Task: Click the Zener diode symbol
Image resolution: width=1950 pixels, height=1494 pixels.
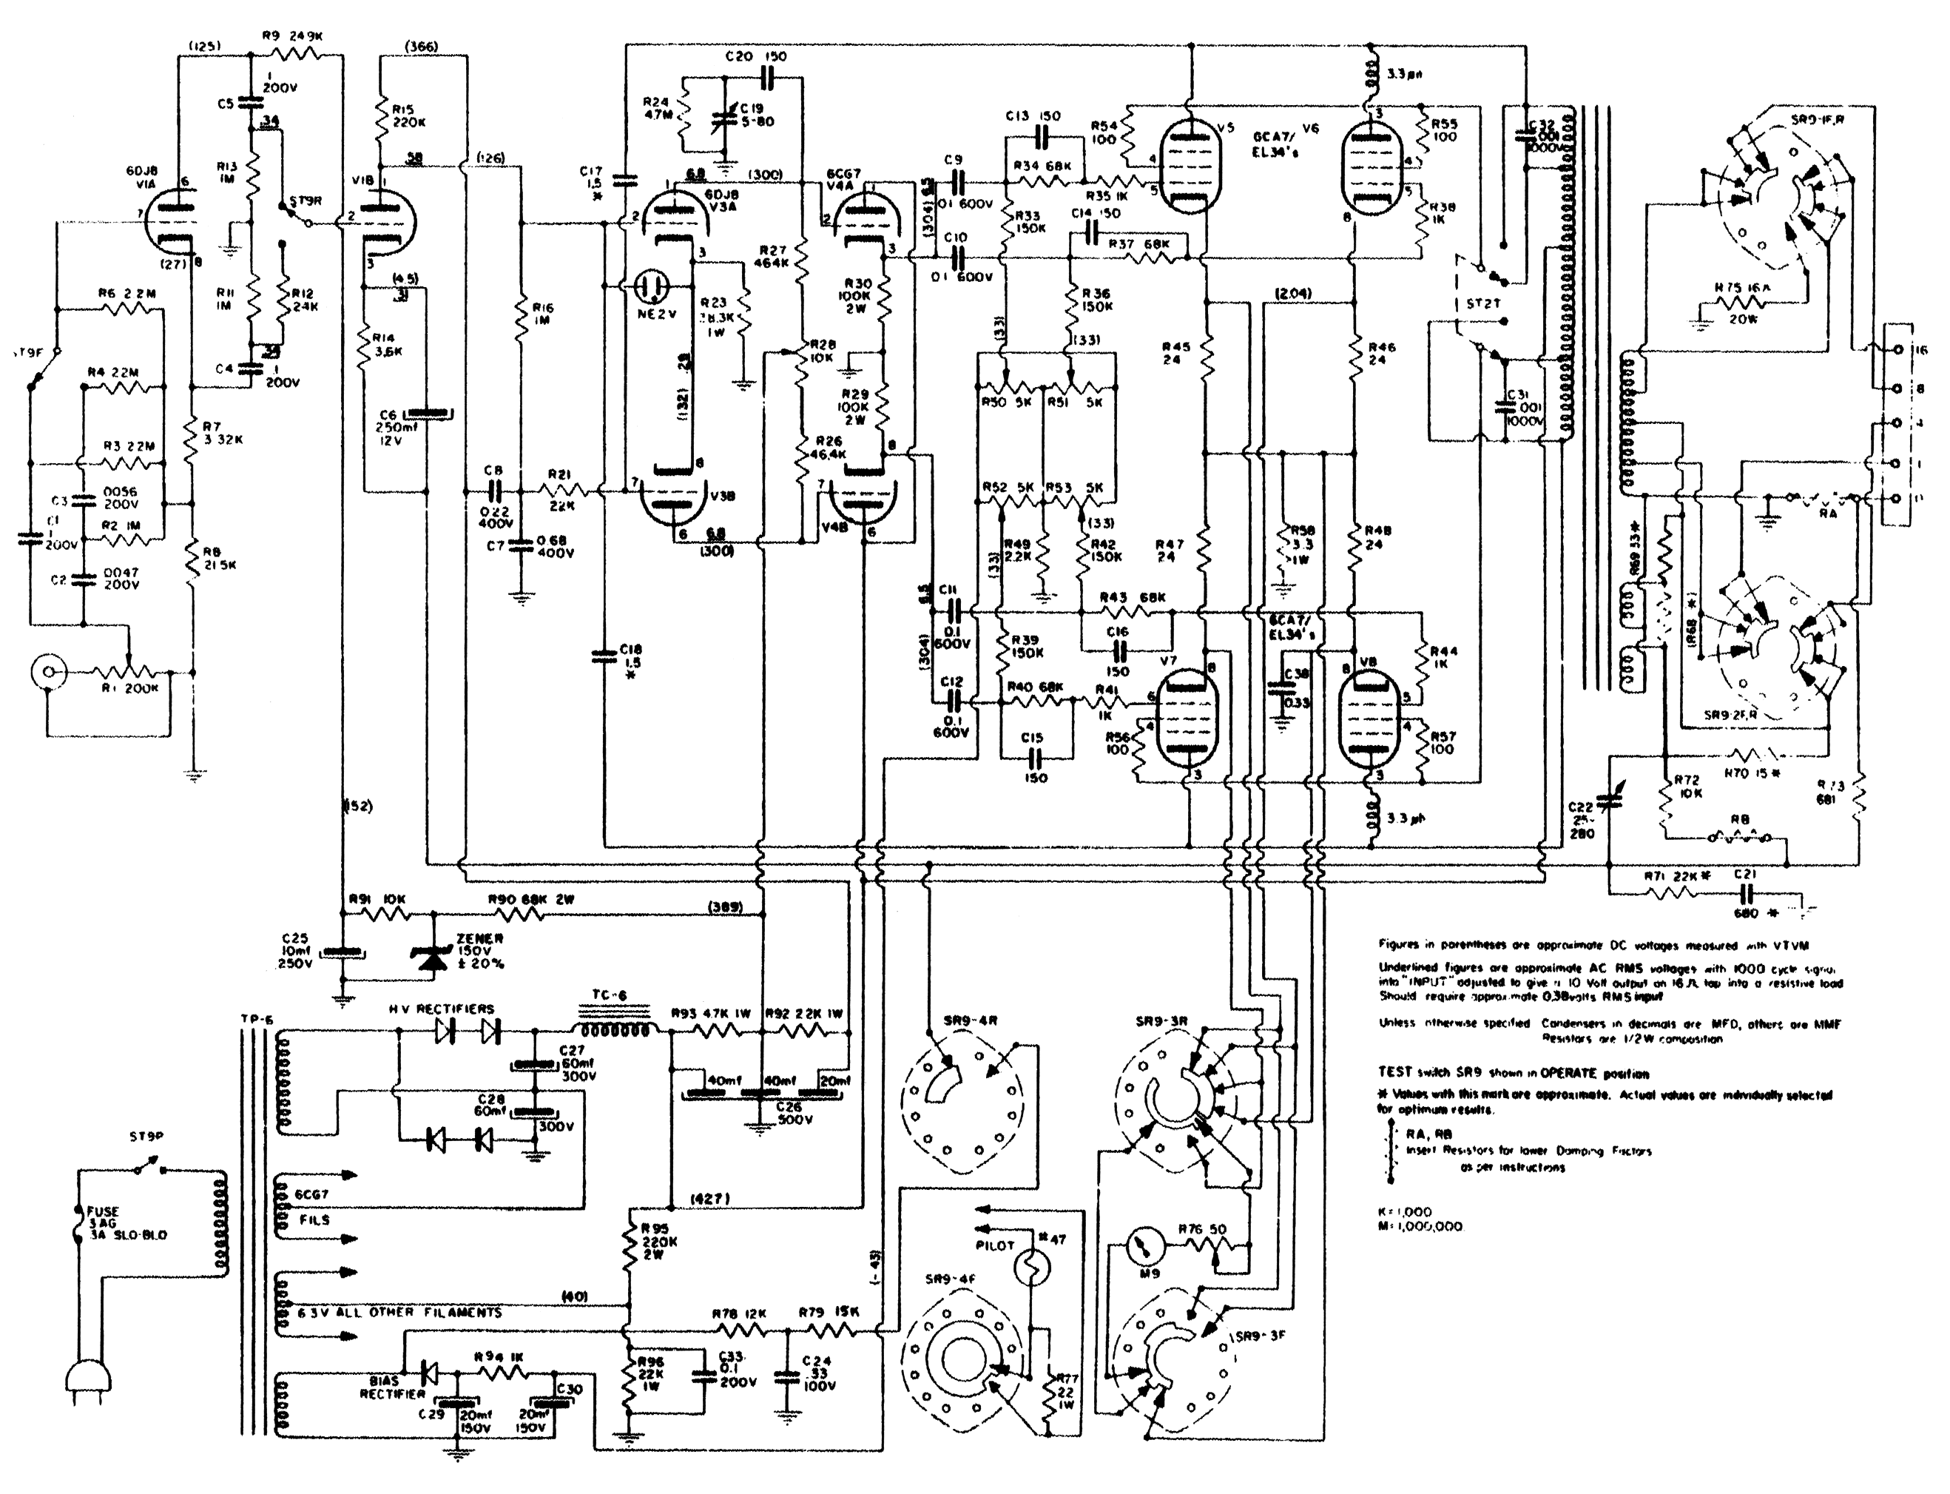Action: click(x=433, y=955)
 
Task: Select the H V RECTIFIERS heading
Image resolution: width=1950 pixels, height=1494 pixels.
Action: click(x=441, y=1009)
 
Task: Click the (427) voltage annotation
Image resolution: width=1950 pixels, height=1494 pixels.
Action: click(x=710, y=1199)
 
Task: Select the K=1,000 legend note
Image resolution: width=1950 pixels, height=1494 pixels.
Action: click(x=1404, y=1212)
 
